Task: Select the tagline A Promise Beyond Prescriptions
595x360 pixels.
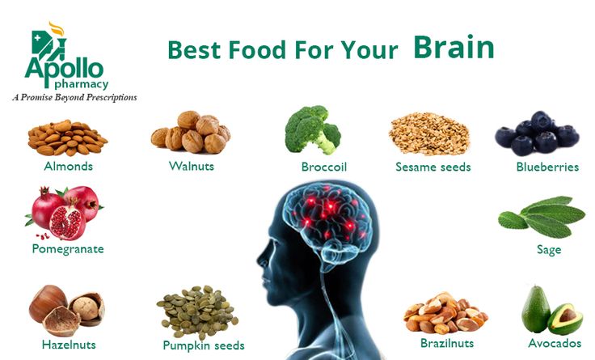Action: pos(74,98)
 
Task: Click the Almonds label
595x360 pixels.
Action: pos(68,167)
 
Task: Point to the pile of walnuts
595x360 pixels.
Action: pos(191,132)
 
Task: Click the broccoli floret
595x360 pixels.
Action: pos(312,129)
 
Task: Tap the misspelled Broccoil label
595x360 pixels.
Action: pos(324,167)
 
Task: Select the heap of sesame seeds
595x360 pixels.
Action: pos(429,134)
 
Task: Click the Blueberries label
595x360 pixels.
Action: pos(547,167)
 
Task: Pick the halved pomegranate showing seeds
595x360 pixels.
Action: pos(67,223)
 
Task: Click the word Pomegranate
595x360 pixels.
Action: pos(68,249)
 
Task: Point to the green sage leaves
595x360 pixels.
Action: pos(542,217)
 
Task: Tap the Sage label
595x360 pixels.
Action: pos(549,250)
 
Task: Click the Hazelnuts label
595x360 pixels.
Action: pos(69,345)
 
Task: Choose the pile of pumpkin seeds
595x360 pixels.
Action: pos(197,312)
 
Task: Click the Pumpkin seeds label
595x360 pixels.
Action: pos(204,345)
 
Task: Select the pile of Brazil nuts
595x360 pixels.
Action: pos(445,313)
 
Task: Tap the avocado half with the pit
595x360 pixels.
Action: pos(565,319)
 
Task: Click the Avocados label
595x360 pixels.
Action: pos(555,343)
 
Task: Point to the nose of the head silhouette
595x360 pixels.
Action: pos(260,260)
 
